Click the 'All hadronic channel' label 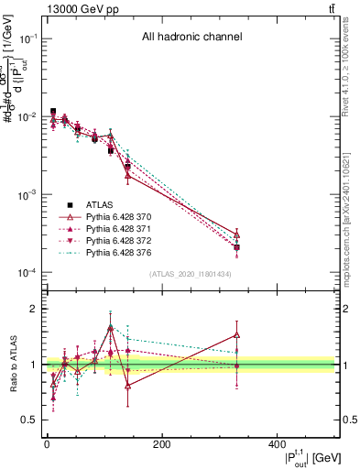pos(191,38)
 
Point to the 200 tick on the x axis pos(161,445)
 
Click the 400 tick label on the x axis pos(278,445)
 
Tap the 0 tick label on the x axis pos(46,445)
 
